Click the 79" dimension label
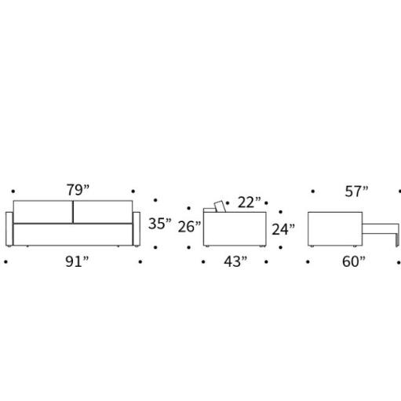point(78,190)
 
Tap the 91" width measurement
point(77,261)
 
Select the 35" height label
point(160,224)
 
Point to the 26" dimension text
point(189,227)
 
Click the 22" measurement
point(250,202)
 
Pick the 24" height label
point(283,229)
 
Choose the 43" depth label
point(235,261)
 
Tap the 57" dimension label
point(356,191)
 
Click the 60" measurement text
point(354,261)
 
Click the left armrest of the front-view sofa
point(9,229)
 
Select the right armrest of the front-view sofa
point(137,229)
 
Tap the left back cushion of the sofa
point(43,212)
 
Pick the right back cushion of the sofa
point(103,212)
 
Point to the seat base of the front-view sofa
point(73,235)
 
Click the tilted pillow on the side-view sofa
point(220,206)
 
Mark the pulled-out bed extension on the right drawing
point(381,229)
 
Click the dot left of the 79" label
point(13,191)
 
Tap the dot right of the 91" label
point(140,261)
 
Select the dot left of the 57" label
point(313,191)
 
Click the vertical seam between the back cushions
point(73,212)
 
